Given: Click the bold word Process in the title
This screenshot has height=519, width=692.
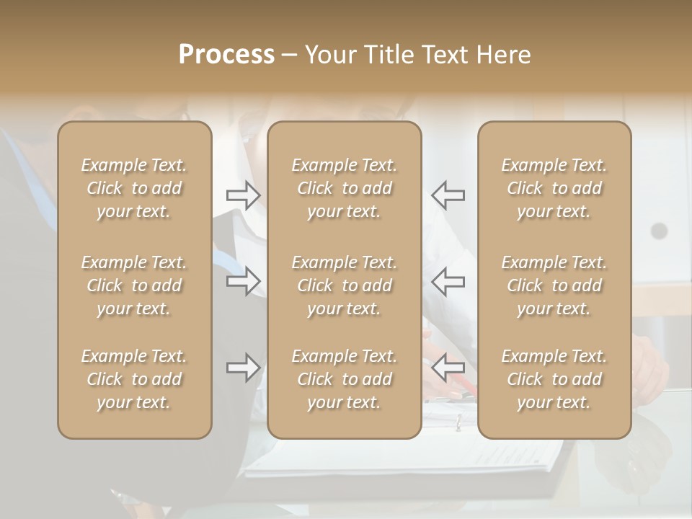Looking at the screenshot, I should click(226, 55).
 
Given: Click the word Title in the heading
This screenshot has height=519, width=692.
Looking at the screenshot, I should click(389, 55).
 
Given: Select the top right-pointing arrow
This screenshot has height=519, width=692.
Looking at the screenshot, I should click(244, 195).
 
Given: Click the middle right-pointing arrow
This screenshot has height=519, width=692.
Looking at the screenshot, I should click(244, 281).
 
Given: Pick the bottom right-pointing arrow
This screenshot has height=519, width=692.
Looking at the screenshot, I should click(244, 368).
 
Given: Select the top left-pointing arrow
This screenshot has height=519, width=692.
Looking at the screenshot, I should click(448, 195).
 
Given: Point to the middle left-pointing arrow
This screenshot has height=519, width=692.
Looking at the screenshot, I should click(448, 281).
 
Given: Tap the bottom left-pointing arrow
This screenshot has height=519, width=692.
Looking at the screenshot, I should click(448, 368).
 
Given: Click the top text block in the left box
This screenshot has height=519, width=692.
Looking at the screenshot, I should click(134, 188).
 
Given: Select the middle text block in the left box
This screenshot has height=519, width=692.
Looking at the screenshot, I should click(134, 285).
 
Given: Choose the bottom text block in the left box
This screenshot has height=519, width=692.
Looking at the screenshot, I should click(134, 379).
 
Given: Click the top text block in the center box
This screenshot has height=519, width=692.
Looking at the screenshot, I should click(344, 188).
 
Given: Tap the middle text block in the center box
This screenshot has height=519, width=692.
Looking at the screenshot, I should click(344, 285).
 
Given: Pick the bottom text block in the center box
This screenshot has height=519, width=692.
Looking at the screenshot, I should click(344, 379).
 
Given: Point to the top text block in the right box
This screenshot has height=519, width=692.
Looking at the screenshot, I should click(554, 188).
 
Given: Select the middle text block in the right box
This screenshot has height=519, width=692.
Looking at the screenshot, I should click(554, 285).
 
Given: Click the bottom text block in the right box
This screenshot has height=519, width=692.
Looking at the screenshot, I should click(554, 379).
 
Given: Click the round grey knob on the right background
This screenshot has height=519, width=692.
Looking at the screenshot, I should click(659, 231).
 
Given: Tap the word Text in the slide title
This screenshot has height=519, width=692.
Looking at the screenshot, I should click(445, 55).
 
